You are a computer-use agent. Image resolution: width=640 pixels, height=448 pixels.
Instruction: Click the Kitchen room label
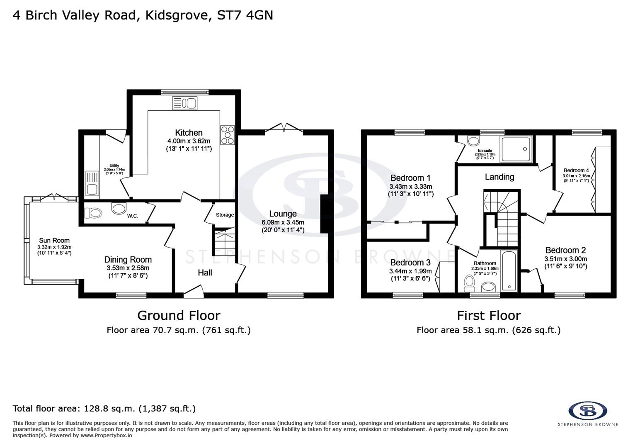click(x=189, y=133)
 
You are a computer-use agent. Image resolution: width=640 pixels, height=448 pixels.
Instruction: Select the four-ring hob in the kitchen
click(x=228, y=135)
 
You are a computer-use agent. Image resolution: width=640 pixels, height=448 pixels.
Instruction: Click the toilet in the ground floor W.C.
click(x=93, y=213)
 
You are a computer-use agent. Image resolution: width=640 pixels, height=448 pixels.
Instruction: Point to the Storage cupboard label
click(x=225, y=215)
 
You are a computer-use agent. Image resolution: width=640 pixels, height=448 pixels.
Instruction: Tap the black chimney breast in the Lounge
click(x=325, y=214)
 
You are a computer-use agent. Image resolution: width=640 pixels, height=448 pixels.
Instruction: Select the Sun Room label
click(x=54, y=240)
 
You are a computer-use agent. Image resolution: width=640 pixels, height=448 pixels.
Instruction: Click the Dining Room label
click(x=128, y=260)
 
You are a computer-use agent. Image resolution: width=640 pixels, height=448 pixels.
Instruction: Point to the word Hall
click(x=205, y=273)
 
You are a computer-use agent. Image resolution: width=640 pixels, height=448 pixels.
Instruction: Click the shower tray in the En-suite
click(x=516, y=149)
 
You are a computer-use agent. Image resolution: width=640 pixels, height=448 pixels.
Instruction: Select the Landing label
click(x=499, y=177)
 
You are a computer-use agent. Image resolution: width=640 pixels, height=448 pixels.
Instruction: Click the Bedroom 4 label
click(x=576, y=170)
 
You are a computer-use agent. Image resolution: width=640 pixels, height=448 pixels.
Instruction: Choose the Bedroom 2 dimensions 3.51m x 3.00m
click(x=565, y=259)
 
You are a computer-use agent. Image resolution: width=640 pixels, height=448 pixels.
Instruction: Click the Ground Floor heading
click(x=179, y=316)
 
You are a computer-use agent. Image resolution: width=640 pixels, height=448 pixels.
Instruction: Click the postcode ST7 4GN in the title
click(x=245, y=15)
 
